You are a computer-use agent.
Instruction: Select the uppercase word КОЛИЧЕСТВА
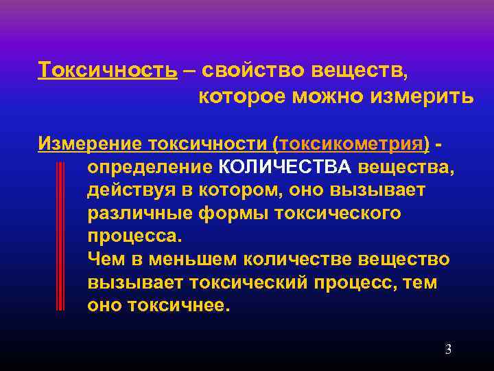pyautogui.click(x=285, y=168)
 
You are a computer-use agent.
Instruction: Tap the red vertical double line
pyautogui.click(x=60, y=237)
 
